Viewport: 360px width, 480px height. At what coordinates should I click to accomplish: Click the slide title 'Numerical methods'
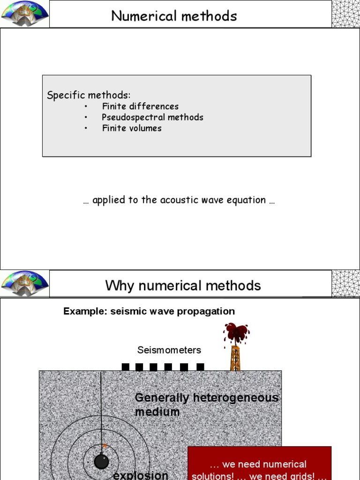tap(174, 16)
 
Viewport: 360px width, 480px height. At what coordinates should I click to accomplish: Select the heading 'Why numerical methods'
tap(183, 285)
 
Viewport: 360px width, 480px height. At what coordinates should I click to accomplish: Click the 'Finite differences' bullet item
tap(140, 106)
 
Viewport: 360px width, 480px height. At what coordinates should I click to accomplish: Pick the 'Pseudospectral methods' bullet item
tap(152, 117)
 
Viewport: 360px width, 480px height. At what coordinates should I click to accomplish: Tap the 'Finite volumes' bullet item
tap(132, 128)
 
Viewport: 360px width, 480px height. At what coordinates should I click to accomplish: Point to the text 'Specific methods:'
tap(89, 95)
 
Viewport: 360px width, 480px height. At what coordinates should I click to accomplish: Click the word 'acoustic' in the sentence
tap(178, 200)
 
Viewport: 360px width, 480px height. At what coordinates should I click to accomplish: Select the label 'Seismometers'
tap(169, 350)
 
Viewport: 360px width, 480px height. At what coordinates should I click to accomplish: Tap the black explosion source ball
tap(101, 462)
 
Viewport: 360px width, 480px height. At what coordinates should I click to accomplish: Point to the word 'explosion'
tap(141, 475)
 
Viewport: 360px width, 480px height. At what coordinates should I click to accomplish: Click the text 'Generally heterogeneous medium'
tap(206, 405)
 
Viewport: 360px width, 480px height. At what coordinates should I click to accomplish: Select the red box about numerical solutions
tap(259, 464)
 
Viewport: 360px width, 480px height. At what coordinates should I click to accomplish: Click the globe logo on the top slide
tap(25, 13)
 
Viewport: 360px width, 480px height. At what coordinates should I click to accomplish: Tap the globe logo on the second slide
tap(25, 283)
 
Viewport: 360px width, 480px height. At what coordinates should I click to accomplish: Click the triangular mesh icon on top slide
tap(345, 14)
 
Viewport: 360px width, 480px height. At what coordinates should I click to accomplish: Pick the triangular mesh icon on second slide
tap(345, 284)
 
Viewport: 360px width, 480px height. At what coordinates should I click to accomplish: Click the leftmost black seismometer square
tap(125, 367)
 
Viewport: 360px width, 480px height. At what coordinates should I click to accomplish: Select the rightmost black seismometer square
tap(200, 367)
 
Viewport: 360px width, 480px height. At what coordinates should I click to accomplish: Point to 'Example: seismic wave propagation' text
tap(149, 311)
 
